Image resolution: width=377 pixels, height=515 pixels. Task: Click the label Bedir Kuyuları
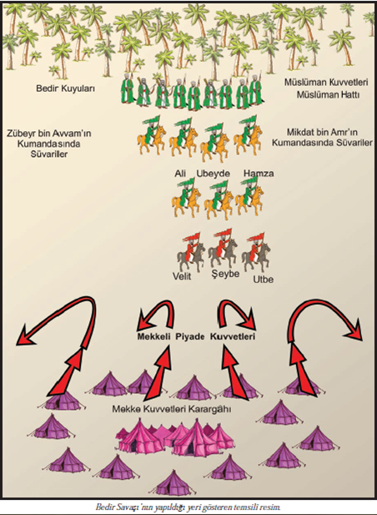[66, 88]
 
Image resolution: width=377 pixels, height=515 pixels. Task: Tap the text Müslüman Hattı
[328, 94]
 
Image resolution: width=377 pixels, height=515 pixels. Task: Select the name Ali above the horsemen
[180, 173]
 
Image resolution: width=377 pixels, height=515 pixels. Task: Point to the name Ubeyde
[213, 174]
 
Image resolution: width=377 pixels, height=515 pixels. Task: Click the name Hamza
[259, 173]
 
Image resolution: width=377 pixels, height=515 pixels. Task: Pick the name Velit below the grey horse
[182, 276]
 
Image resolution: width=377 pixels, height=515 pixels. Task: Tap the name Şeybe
[225, 274]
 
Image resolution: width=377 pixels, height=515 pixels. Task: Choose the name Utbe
[263, 280]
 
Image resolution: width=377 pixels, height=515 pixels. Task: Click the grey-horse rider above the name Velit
[190, 252]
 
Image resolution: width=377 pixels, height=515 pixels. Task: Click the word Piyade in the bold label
[190, 336]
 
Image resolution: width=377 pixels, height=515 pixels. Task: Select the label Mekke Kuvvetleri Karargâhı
[172, 409]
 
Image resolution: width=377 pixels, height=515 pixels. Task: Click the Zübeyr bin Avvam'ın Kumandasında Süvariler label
[49, 144]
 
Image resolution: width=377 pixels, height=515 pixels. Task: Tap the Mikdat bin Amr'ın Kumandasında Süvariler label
[322, 138]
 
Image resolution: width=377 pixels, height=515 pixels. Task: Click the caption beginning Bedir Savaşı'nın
[188, 507]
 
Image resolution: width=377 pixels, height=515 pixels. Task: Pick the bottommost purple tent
[173, 482]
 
